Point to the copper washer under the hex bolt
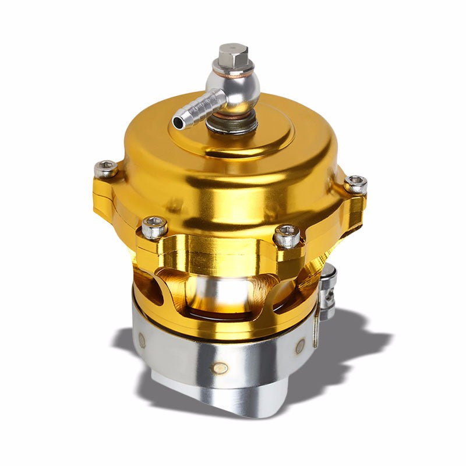(x=235, y=70)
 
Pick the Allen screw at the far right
(x=355, y=184)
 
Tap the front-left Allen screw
(x=154, y=227)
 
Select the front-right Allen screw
(x=287, y=235)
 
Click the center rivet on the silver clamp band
(x=221, y=368)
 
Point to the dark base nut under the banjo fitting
(x=233, y=123)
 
